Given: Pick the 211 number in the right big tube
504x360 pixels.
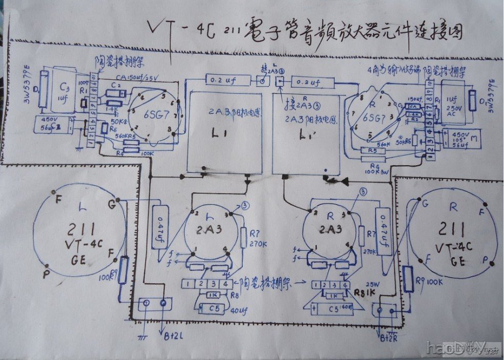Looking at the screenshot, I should click(452, 229).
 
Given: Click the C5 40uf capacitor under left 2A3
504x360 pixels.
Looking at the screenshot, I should click(211, 308).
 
